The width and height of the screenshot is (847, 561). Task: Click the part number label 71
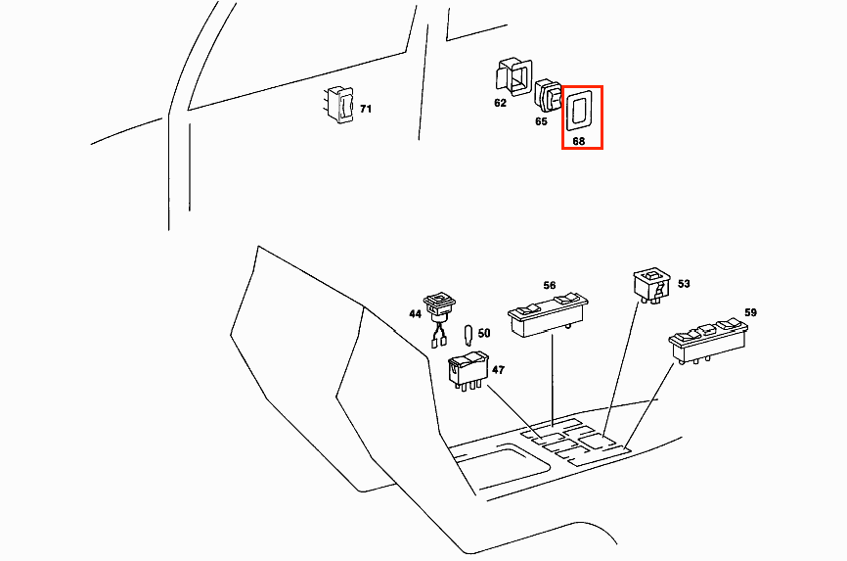[x=366, y=110]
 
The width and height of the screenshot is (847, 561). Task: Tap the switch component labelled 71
[x=342, y=106]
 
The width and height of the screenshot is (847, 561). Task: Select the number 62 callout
[x=500, y=103]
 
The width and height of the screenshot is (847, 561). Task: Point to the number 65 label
[x=541, y=122]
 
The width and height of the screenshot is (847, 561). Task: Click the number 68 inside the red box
[x=579, y=141]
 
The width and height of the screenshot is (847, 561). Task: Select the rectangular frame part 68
[x=581, y=111]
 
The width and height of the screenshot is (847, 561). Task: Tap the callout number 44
[x=415, y=314]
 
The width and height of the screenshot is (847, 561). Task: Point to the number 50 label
[x=483, y=334]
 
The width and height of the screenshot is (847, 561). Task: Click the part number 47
[x=498, y=370]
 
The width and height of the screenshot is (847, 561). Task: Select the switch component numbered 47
[x=468, y=369]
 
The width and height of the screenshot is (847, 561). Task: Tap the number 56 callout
[x=550, y=286]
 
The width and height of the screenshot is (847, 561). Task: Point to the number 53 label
[x=684, y=284]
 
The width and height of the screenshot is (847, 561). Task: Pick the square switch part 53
[x=651, y=285]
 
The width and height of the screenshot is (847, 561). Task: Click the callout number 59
[x=750, y=313]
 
